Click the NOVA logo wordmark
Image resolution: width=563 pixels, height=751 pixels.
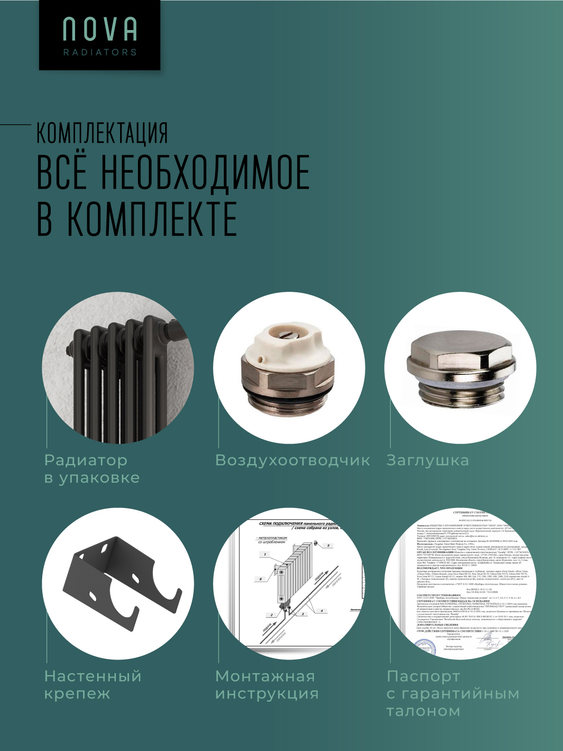100,29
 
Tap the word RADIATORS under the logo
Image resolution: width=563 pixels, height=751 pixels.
100,52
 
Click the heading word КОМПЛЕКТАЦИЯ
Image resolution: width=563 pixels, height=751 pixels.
102,134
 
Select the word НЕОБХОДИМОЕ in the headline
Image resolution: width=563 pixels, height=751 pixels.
205,173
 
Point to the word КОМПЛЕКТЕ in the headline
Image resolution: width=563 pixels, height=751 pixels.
152,219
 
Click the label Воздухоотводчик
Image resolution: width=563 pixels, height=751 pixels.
292,461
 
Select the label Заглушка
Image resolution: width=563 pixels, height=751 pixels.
427,461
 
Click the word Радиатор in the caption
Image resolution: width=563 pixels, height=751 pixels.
86,461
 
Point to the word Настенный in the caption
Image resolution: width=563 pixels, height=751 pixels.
93,676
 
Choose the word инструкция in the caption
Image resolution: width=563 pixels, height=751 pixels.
266,694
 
